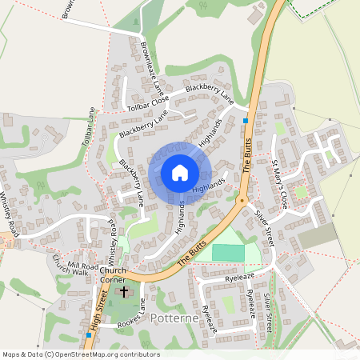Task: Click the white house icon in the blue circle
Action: coord(179,172)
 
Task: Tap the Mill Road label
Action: coord(82,265)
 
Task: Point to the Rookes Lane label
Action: coord(130,314)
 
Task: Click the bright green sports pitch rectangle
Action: coord(229,252)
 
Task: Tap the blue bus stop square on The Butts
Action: coord(246,121)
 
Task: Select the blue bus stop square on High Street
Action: coord(87,334)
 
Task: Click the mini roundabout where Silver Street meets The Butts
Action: coord(241,201)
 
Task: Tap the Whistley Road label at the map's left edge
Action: coord(8,210)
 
